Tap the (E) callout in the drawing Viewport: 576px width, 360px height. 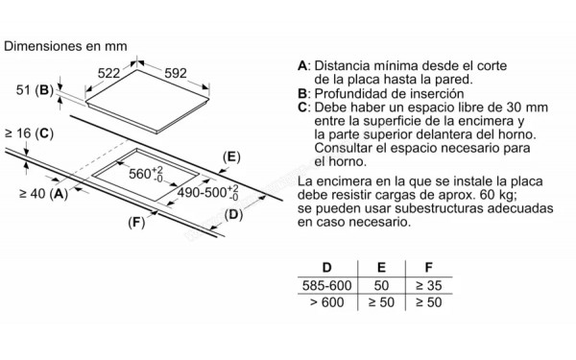click(x=229, y=156)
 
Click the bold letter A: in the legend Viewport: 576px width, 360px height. click(x=303, y=64)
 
